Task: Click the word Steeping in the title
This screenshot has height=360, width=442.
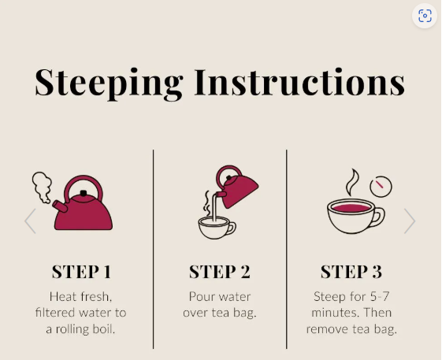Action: pyautogui.click(x=109, y=84)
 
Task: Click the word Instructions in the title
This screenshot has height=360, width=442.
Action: pyautogui.click(x=300, y=82)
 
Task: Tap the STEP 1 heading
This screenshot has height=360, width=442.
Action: pyautogui.click(x=81, y=272)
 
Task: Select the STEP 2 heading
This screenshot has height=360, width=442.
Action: pyautogui.click(x=220, y=272)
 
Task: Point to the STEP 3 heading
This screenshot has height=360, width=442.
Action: pyautogui.click(x=351, y=272)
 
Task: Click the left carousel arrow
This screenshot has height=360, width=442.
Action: pyautogui.click(x=30, y=221)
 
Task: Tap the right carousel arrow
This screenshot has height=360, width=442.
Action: pyautogui.click(x=410, y=221)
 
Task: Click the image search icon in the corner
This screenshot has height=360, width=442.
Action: pyautogui.click(x=425, y=16)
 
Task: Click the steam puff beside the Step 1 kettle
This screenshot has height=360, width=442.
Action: pyautogui.click(x=42, y=187)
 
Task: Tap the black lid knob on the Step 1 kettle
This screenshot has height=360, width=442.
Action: pyautogui.click(x=84, y=193)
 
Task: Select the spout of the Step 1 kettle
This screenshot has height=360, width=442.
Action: pyautogui.click(x=60, y=206)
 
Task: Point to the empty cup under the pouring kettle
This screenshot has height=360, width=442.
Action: pyautogui.click(x=217, y=228)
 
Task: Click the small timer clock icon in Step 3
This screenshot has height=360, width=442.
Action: pyautogui.click(x=381, y=187)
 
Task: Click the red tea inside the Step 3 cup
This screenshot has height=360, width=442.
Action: pyautogui.click(x=351, y=208)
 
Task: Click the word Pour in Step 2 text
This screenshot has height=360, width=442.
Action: pyautogui.click(x=199, y=296)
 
